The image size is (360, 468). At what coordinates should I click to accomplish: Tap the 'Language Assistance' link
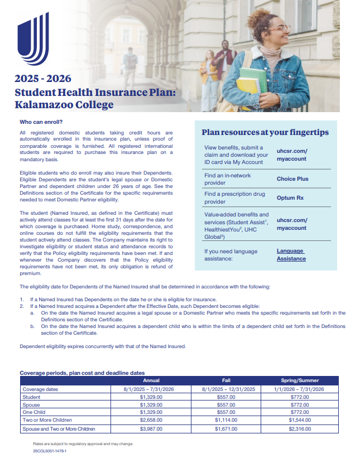[x=291, y=255]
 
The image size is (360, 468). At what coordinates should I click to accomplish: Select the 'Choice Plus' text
[x=292, y=179]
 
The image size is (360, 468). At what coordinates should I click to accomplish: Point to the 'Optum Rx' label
[x=290, y=197]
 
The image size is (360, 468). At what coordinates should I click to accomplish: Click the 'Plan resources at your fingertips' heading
[x=265, y=133]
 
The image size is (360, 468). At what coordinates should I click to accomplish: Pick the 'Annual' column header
[x=151, y=380]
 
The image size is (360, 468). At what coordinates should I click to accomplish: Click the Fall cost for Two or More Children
[x=226, y=420]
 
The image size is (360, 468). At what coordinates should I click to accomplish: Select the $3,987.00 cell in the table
[x=151, y=429]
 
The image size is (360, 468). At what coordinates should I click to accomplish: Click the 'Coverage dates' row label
[x=40, y=389]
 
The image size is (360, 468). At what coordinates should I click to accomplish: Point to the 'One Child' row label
[x=34, y=412]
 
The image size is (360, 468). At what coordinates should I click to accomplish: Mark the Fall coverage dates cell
[x=226, y=389]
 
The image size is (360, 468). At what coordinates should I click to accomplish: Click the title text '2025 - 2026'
[x=43, y=78]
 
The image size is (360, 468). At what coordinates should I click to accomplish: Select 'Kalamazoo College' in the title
[x=64, y=104]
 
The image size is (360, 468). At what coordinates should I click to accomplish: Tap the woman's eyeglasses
[x=279, y=28]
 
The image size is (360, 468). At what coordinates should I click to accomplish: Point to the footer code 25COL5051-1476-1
[x=50, y=451]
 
